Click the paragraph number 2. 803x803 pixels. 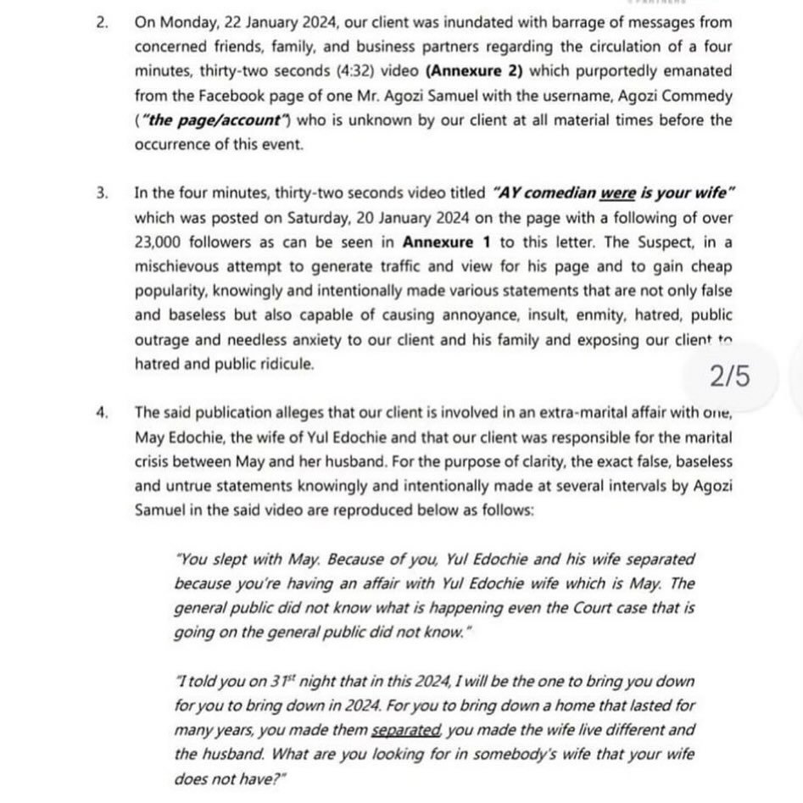pyautogui.click(x=103, y=21)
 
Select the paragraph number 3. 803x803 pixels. pyautogui.click(x=103, y=192)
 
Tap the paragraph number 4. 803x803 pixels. pyautogui.click(x=103, y=413)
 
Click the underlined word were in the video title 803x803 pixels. pyautogui.click(x=619, y=192)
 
